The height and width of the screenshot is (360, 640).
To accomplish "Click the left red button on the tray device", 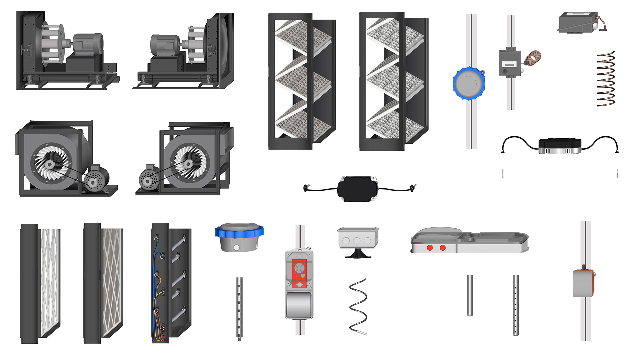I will (430, 248).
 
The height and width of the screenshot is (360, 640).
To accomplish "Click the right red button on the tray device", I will (443, 248).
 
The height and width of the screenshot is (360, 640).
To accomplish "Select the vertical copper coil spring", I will (605, 79).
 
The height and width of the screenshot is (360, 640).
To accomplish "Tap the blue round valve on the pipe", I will (468, 84).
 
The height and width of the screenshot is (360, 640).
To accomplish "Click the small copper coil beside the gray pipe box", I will (533, 58).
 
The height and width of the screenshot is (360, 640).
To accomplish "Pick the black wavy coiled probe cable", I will (358, 306).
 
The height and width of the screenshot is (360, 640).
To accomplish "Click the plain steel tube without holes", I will (470, 295).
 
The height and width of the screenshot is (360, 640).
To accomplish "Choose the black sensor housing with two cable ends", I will (358, 189).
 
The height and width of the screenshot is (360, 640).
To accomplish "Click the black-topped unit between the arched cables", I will (560, 146).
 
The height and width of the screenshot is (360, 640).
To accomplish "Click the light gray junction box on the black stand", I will (358, 238).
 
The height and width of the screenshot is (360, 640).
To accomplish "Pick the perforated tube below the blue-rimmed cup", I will (239, 308).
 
